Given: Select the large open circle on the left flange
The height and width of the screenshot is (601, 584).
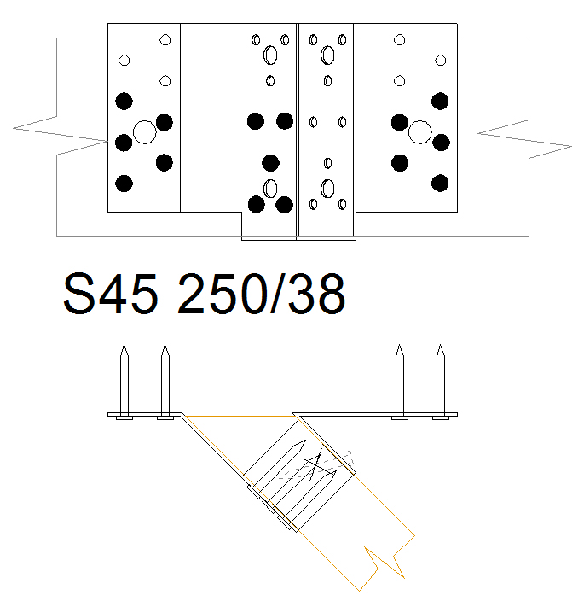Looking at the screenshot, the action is pyautogui.click(x=145, y=132).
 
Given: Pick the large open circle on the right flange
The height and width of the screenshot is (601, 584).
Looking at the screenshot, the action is pyautogui.click(x=420, y=132).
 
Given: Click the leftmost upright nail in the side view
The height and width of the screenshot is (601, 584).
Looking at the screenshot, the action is pyautogui.click(x=124, y=382).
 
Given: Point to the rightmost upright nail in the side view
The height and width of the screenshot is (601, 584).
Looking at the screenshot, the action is pyautogui.click(x=441, y=382).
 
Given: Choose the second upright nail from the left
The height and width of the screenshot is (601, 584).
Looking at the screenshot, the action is pyautogui.click(x=165, y=382).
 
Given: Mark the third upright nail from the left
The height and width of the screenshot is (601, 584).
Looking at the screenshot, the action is pyautogui.click(x=400, y=382).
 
